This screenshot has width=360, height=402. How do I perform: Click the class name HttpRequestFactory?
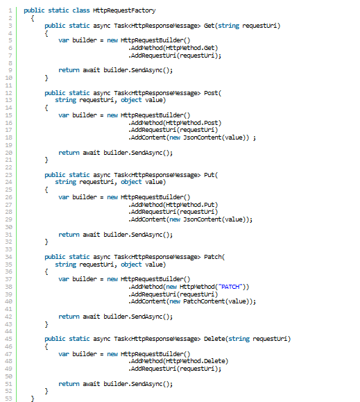[124, 10]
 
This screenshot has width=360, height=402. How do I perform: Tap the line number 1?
[10, 10]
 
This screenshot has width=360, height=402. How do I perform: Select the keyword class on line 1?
[81, 10]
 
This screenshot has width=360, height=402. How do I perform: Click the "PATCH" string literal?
[230, 287]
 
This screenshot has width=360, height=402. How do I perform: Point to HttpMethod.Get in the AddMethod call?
[190, 48]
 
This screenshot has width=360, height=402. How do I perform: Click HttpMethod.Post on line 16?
[191, 123]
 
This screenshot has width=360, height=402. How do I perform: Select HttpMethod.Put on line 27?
[190, 205]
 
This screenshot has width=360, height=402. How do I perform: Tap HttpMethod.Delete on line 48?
[196, 361]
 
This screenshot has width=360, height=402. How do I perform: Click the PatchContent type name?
[204, 301]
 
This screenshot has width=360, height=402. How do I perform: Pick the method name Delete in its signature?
[214, 339]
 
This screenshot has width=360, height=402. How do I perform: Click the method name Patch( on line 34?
[214, 257]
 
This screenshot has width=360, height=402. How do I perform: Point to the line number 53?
[9, 399]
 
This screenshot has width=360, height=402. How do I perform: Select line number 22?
[9, 167]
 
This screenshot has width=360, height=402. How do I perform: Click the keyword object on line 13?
[131, 100]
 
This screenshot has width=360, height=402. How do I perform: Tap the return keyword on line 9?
[69, 70]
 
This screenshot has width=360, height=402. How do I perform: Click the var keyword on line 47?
[64, 354]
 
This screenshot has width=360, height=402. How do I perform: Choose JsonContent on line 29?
[203, 219]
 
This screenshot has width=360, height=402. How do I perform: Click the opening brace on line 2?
[33, 18]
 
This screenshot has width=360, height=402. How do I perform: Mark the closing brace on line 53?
[33, 399]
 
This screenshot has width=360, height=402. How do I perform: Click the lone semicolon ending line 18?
[255, 138]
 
